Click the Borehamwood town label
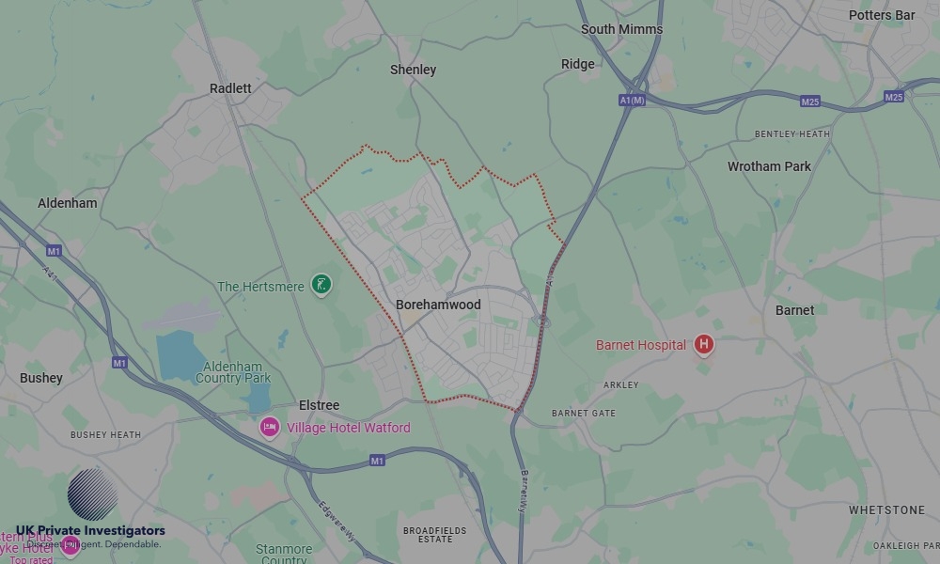(x=438, y=305)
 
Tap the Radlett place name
(x=230, y=88)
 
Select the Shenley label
(x=413, y=70)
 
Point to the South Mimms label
(x=621, y=29)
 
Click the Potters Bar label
(x=881, y=15)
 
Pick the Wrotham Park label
(x=769, y=166)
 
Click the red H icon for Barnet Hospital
(x=702, y=345)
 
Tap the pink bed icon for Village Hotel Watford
(x=270, y=428)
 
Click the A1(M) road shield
(x=633, y=100)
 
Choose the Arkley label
(x=620, y=384)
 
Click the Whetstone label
(x=886, y=509)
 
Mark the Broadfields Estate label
(x=434, y=535)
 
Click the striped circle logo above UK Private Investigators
(x=92, y=495)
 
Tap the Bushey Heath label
(x=105, y=435)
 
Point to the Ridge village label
(x=577, y=64)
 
